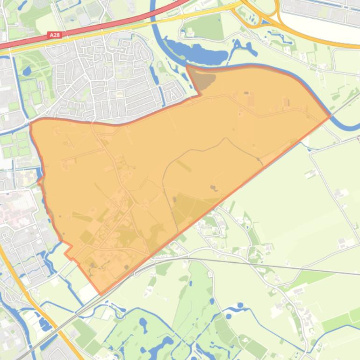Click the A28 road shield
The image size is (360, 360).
tap(54, 35)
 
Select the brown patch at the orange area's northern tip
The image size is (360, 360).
tap(201, 78)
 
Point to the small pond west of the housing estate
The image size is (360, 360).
tap(27, 71)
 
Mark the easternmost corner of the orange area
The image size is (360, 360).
tap(331, 115)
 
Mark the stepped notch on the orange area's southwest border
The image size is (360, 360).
tap(68, 250)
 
